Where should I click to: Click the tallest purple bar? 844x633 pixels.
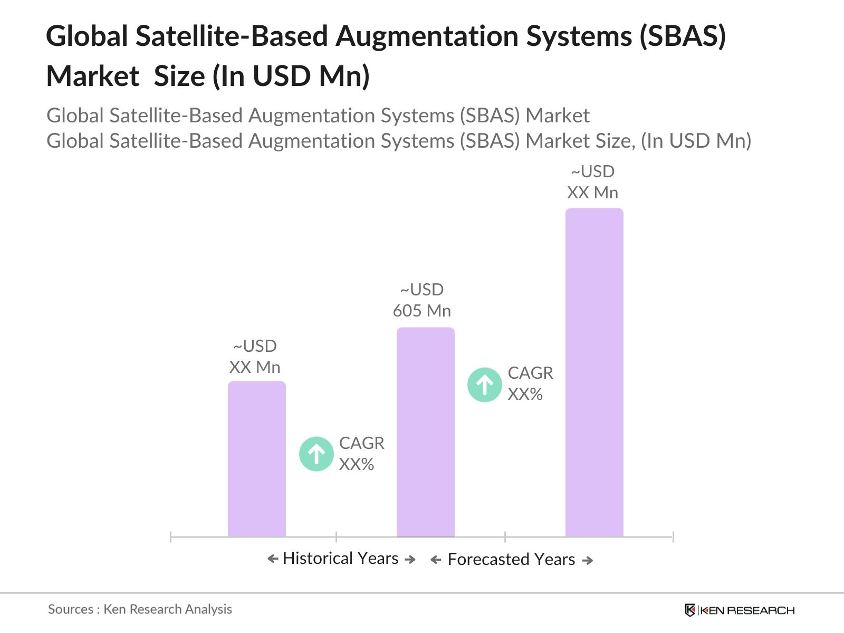tap(594, 372)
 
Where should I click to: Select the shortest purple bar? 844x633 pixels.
tap(256, 459)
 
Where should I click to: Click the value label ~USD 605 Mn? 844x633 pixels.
tap(422, 300)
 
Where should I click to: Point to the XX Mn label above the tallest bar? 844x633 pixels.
tap(592, 182)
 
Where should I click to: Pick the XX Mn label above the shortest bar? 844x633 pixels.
tap(255, 357)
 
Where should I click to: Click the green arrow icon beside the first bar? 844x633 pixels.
tap(316, 454)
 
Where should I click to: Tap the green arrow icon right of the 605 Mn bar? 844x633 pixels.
tap(484, 385)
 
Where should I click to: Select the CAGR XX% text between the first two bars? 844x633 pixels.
tap(361, 454)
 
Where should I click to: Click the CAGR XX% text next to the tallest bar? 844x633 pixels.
tap(530, 383)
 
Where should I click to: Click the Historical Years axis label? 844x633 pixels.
tap(341, 558)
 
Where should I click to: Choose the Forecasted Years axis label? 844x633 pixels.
tap(511, 559)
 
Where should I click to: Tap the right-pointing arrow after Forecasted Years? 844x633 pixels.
tap(587, 560)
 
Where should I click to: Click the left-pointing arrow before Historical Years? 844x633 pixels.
tap(273, 559)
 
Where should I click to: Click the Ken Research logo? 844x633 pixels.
tap(739, 610)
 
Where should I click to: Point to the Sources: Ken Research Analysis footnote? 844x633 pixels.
tap(140, 609)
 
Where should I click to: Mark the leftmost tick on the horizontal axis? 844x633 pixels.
tap(171, 537)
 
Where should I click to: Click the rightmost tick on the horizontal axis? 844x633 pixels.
tap(673, 537)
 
